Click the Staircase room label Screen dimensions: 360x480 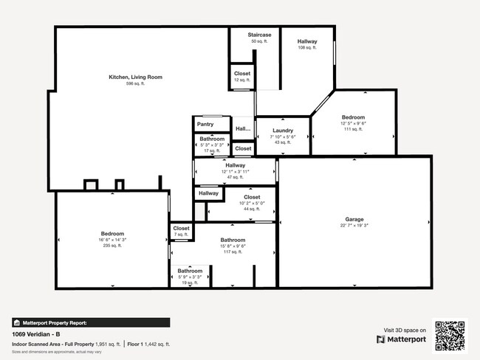coord(259,35)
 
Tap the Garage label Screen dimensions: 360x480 coord(354,219)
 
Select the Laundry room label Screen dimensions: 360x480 coord(283,131)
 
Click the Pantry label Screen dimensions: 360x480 coord(205,125)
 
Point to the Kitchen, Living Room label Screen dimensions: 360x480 coord(135,77)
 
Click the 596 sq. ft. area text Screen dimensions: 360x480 coord(135,84)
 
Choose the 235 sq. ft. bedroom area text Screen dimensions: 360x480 coord(112,246)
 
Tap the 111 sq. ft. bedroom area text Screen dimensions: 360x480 coord(353,129)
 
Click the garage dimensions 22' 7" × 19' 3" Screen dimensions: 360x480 coord(354,226)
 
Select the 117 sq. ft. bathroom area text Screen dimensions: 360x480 coord(233,252)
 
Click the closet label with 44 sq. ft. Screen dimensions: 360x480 coord(252,198)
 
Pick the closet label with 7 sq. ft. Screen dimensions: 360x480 coord(182,229)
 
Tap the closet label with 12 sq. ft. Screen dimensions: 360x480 coord(242,74)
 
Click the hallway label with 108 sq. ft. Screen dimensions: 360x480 coord(307,41)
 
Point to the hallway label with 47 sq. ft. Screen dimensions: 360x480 coord(236,165)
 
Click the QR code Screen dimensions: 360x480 coord(450,335)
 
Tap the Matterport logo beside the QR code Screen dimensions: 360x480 coord(402,339)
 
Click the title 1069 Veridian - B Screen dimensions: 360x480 coord(36,334)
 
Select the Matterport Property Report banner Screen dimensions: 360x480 coord(91,322)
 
